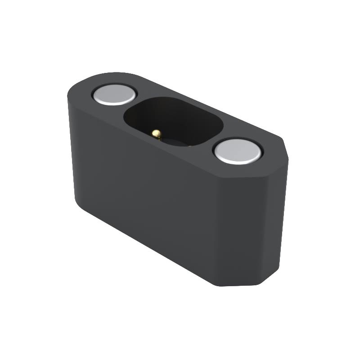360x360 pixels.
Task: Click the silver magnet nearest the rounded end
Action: click(114, 94)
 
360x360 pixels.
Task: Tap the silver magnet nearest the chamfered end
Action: click(238, 151)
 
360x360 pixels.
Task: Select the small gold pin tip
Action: click(156, 133)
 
